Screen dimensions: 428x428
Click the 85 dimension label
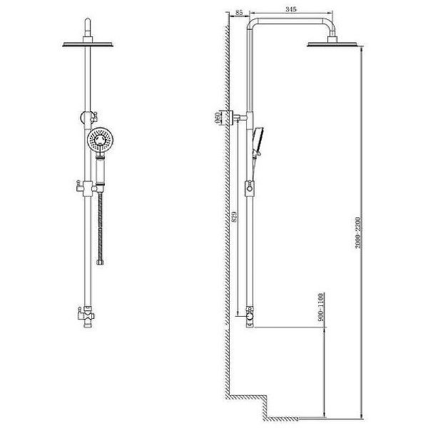click(x=239, y=12)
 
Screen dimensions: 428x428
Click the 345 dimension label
click(x=291, y=9)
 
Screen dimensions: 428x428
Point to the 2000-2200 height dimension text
click(x=358, y=233)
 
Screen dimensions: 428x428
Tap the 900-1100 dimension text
click(x=320, y=307)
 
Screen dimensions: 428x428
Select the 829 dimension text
click(x=234, y=217)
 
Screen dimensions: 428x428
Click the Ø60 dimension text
click(x=218, y=118)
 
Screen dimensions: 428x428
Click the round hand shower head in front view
click(x=101, y=141)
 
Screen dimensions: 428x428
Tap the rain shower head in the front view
click(x=88, y=44)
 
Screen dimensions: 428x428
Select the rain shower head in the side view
click(x=332, y=44)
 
